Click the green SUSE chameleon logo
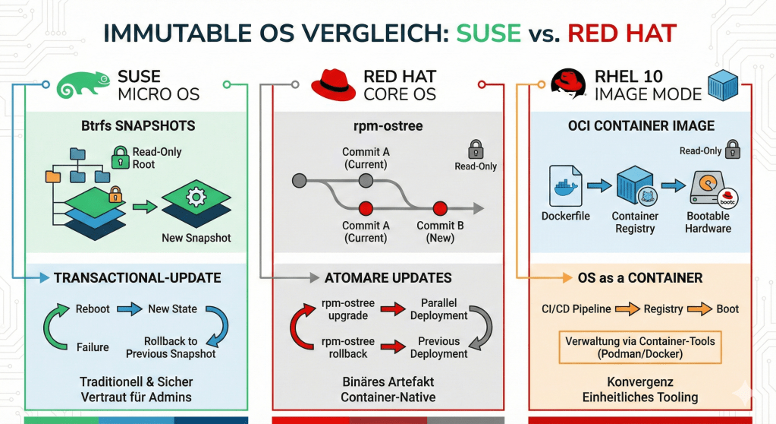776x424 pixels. coord(83,84)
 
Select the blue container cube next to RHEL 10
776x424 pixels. coord(722,85)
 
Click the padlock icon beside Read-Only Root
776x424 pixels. coord(119,157)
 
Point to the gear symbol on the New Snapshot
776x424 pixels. coord(196,198)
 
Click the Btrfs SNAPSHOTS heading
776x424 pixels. coord(138,125)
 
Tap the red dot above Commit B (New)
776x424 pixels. coord(438,208)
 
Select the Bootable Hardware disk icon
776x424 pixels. coord(708,188)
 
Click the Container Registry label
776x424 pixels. coord(635,222)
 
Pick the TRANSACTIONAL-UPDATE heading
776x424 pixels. coord(137,277)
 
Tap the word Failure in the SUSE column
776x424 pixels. coord(93,347)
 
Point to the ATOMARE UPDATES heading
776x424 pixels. coord(388,277)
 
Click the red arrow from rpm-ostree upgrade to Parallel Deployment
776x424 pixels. coord(391,309)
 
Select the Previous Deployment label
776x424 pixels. coord(438,347)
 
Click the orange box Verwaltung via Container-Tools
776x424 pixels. coord(639,348)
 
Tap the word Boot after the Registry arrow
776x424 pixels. coord(727,309)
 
